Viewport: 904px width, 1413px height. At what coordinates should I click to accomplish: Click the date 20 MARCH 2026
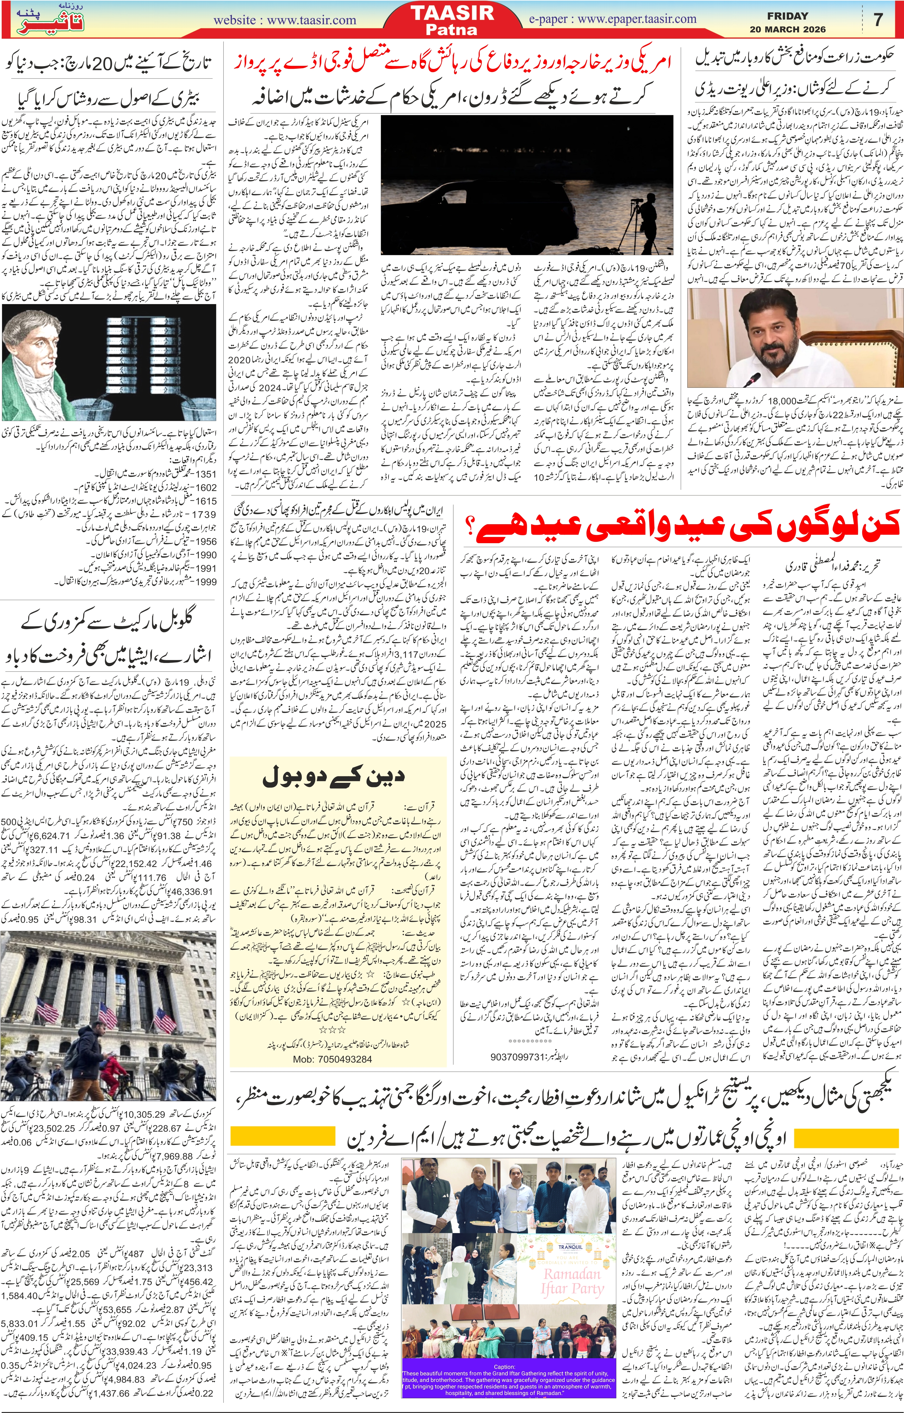(x=787, y=29)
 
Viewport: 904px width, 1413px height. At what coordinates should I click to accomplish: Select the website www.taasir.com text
(x=285, y=20)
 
